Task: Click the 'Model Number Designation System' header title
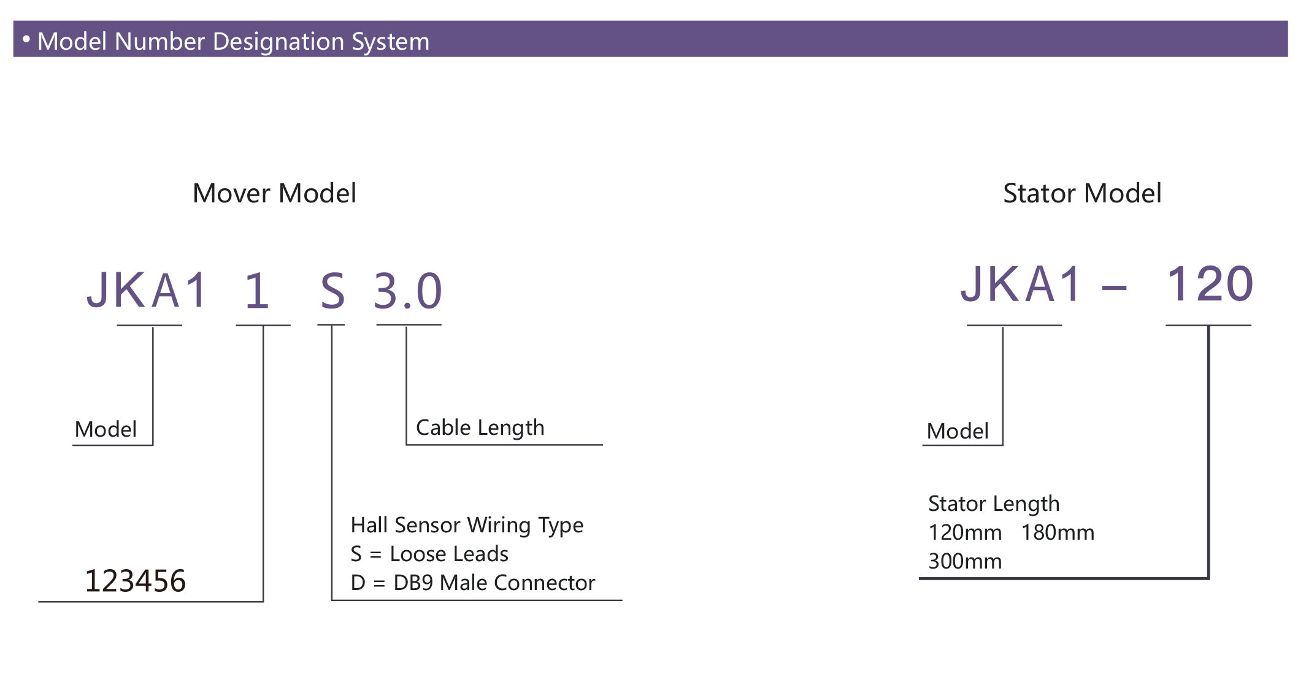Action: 233,41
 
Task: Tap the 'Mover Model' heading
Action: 274,193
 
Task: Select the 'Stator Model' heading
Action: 1082,193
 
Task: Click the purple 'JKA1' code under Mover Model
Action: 147,289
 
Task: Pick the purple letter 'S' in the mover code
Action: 332,291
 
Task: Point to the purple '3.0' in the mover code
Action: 408,290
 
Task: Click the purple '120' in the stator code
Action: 1210,284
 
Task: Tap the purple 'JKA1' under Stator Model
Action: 1021,284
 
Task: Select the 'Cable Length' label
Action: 480,427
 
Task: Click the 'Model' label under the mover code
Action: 106,429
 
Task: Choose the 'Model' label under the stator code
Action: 958,431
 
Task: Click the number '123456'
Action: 135,581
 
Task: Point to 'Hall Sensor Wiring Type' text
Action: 467,526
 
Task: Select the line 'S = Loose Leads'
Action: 429,554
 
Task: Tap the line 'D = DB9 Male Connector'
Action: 473,583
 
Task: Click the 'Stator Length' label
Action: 994,504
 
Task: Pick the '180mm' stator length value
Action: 1058,532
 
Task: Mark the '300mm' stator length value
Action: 966,561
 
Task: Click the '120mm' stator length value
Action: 966,532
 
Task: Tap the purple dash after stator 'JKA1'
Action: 1115,287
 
